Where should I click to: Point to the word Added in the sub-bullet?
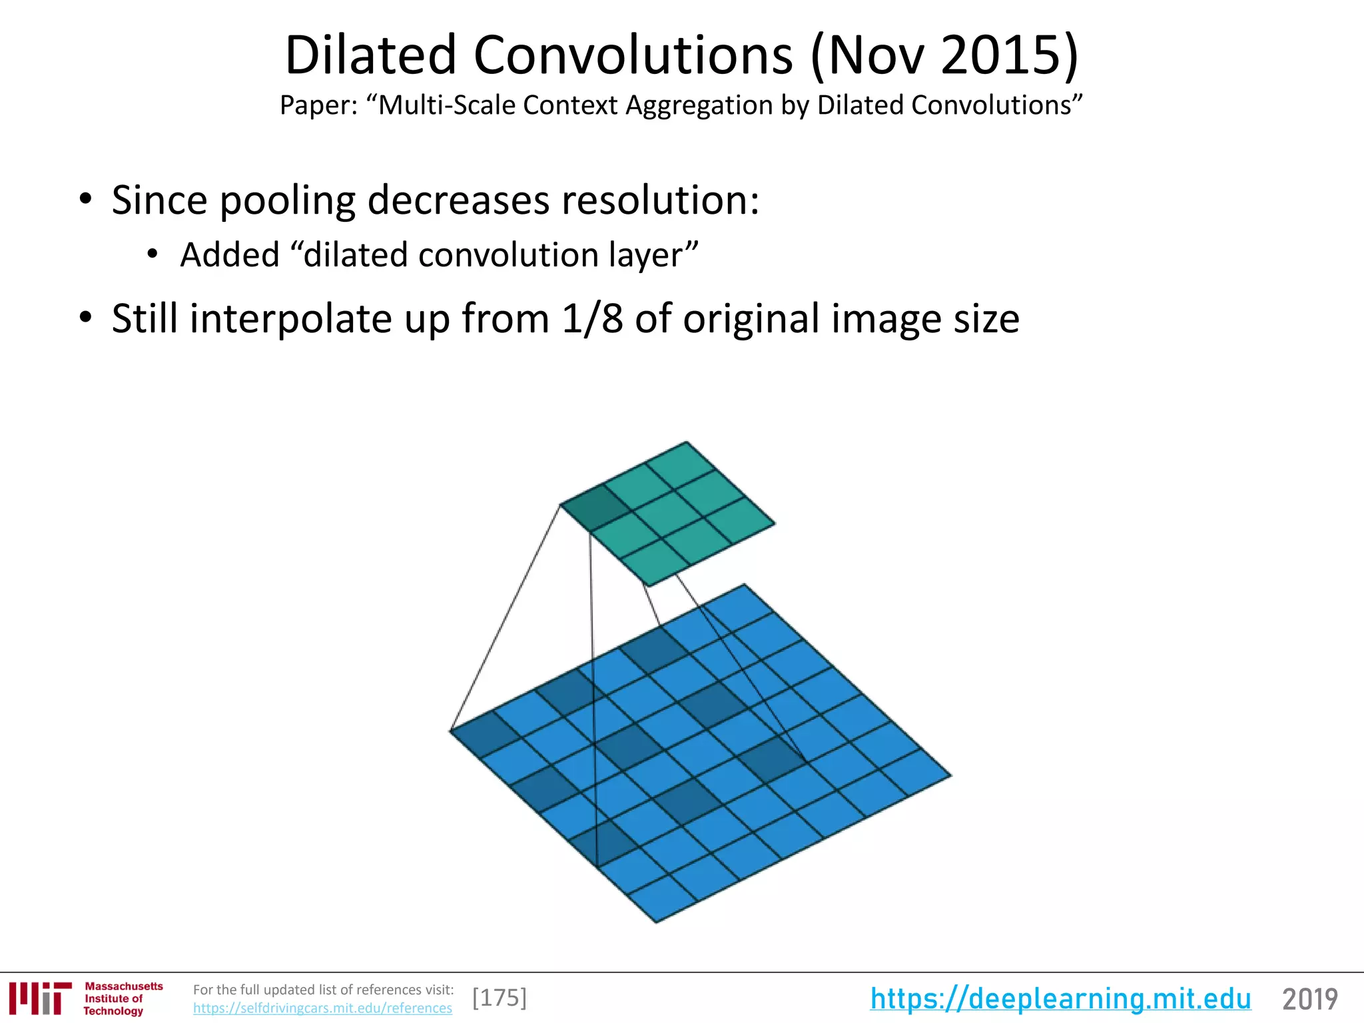pos(230,255)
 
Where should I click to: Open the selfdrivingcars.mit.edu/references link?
pos(322,1008)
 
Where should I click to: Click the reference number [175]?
pos(500,998)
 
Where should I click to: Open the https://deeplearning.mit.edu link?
pos(1060,999)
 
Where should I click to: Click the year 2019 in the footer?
pos(1309,999)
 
